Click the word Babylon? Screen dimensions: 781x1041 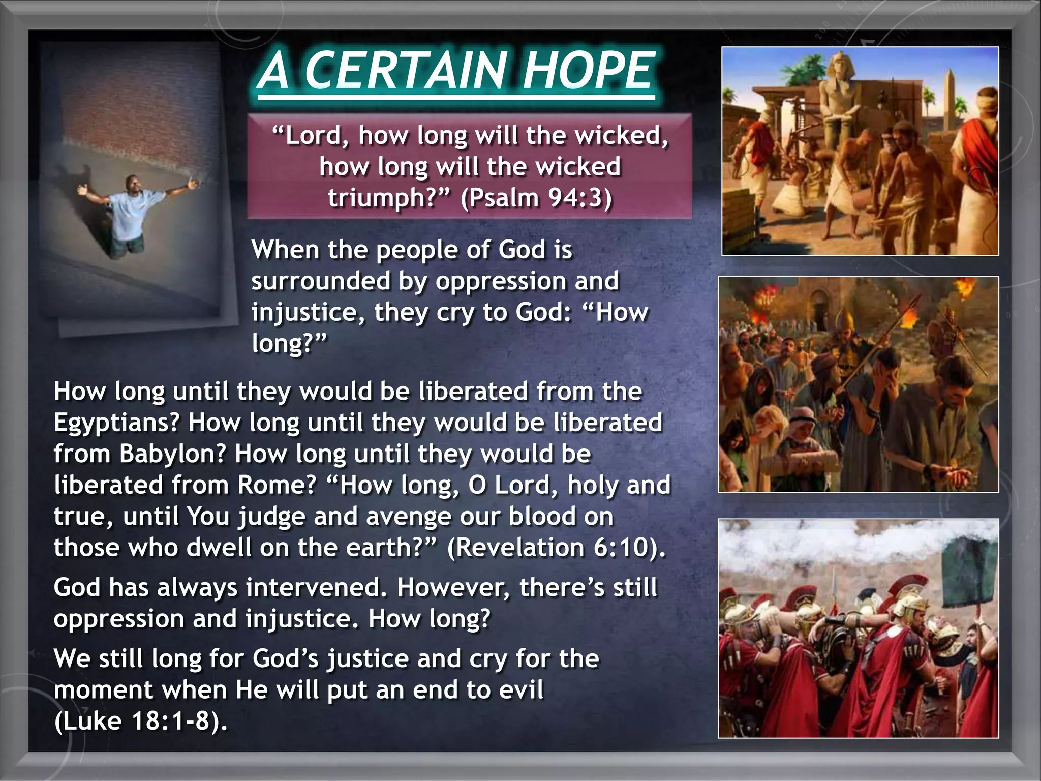172,454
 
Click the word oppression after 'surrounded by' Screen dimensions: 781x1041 501,281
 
